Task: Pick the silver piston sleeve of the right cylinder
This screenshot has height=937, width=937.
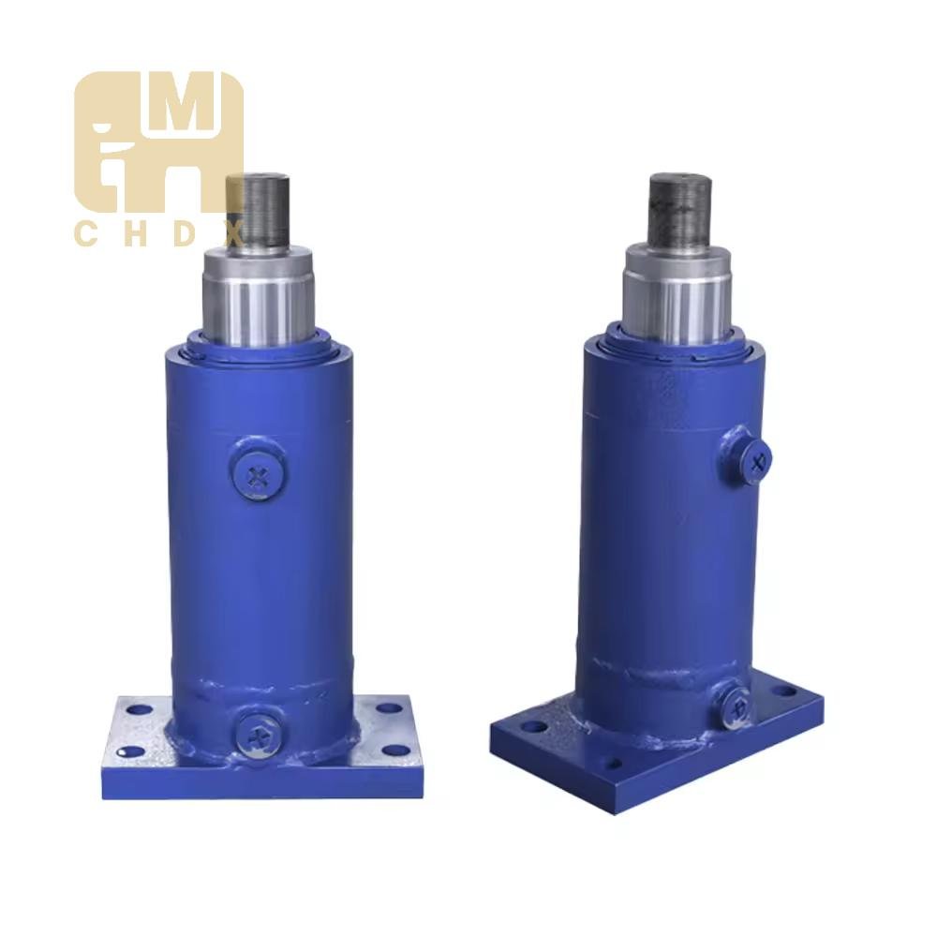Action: tap(678, 295)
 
